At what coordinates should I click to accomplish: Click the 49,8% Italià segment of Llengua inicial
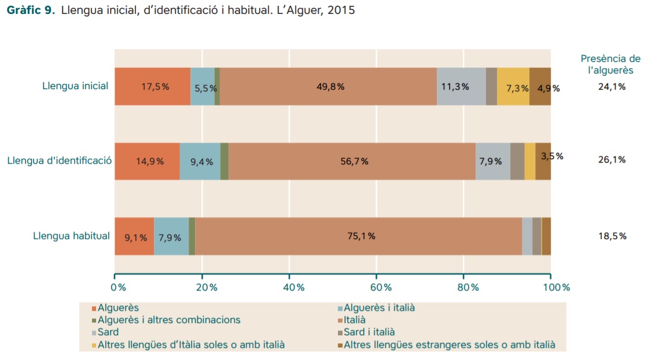328,86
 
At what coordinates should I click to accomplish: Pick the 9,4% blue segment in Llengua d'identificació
200,161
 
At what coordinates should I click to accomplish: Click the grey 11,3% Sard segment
461,86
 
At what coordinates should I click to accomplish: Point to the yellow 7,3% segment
513,86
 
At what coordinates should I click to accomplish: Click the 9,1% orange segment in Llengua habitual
134,236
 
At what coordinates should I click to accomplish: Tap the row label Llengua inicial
75,86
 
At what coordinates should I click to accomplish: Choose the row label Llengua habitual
71,236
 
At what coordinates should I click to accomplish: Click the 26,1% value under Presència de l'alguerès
612,160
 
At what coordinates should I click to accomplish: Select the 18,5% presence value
612,236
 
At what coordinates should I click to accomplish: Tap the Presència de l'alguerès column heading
610,64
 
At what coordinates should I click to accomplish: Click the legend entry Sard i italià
369,332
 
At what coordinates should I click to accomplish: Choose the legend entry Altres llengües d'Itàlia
191,345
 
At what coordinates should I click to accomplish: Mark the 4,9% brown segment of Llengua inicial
540,86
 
